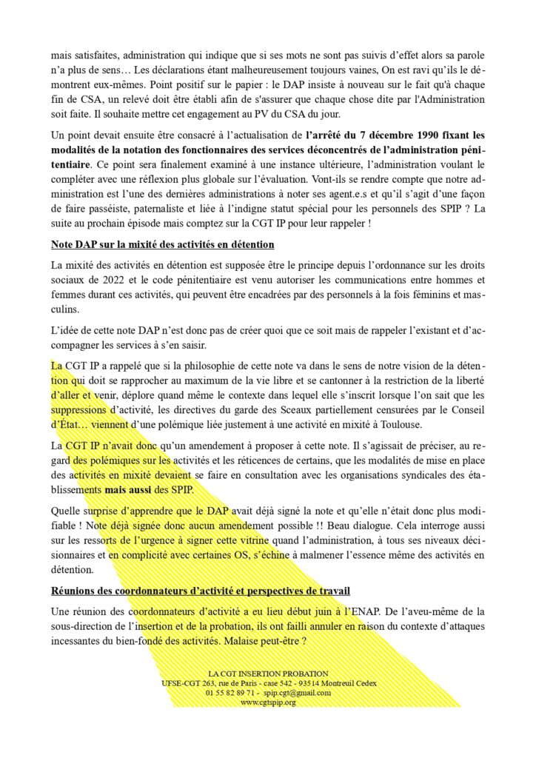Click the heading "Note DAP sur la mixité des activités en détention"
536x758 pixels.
pos(163,244)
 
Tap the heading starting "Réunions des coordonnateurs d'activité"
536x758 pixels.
pos(201,591)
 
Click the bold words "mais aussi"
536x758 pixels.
pos(129,490)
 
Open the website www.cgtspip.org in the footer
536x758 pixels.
pos(268,702)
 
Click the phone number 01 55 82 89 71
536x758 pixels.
pos(232,692)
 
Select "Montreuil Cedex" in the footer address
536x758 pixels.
pos(346,682)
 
